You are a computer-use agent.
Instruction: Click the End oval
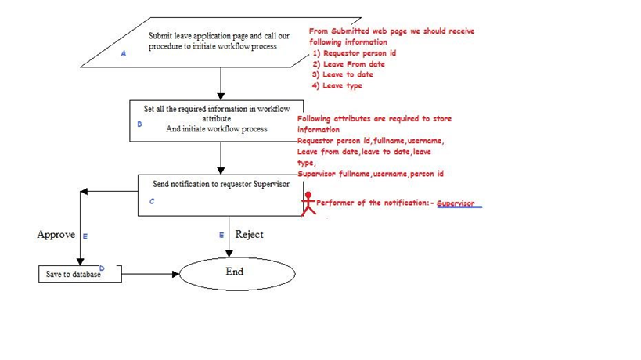237,273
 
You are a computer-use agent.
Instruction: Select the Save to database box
80,274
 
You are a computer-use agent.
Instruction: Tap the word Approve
56,235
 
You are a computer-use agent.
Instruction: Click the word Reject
249,235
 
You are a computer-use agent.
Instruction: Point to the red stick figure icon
308,203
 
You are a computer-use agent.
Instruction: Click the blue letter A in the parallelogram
123,54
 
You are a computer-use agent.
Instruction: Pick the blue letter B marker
139,124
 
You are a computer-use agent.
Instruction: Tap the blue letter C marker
152,201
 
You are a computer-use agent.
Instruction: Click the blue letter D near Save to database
102,268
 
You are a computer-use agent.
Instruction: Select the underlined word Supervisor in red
456,203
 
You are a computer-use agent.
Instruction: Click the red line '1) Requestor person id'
354,53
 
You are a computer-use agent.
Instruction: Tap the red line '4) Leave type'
337,86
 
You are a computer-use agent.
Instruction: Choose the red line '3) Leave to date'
342,75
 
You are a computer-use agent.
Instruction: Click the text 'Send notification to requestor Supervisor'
221,185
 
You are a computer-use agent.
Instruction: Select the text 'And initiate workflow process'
217,129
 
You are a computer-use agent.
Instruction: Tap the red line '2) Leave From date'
348,64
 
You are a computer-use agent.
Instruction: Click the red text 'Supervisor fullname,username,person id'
370,174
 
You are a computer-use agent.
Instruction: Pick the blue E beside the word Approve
85,236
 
